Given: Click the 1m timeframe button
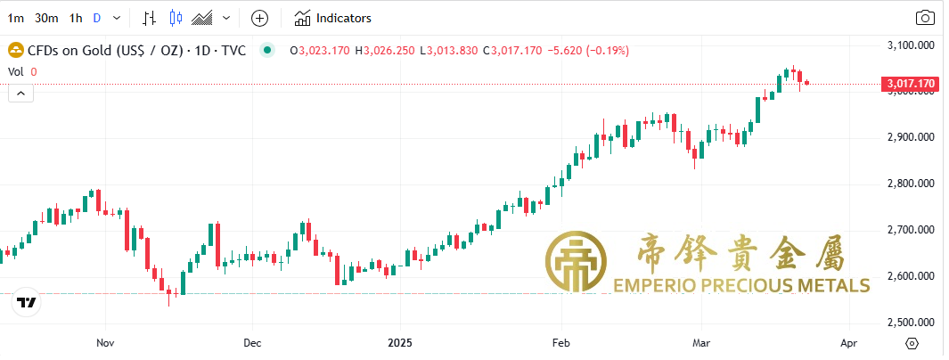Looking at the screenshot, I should [16, 18].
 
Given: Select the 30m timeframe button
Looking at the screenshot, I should [46, 18].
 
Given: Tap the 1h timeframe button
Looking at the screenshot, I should [76, 18].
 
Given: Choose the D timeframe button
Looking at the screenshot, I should [96, 18].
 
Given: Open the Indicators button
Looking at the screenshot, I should [333, 18].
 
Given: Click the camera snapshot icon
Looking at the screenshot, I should [926, 18].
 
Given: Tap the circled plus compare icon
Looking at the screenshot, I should [259, 18].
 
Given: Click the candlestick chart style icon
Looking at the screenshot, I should [175, 18].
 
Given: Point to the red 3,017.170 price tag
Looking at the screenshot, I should [910, 84].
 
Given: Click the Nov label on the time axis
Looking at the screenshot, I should [105, 343].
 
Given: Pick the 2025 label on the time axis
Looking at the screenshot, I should [400, 343].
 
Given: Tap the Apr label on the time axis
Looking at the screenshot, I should [849, 343].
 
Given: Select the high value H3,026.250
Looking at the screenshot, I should [385, 51].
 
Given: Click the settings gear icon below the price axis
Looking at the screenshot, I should [912, 343].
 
